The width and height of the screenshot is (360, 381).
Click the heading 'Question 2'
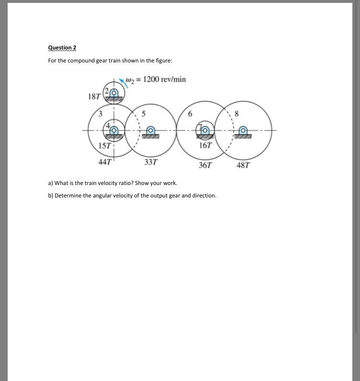pos(62,48)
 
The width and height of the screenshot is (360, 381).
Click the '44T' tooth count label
pos(105,162)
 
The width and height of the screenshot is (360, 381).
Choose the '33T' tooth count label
pos(151,162)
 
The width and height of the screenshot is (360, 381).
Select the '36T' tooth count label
pos(205,165)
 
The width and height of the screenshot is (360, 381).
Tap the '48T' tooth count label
pos(243,165)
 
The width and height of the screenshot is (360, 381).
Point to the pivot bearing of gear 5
pos(151,131)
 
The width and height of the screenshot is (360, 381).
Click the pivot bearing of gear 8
pos(244,131)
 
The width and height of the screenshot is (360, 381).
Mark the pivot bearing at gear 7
pos(206,130)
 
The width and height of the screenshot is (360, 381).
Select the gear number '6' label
pos(191,114)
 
